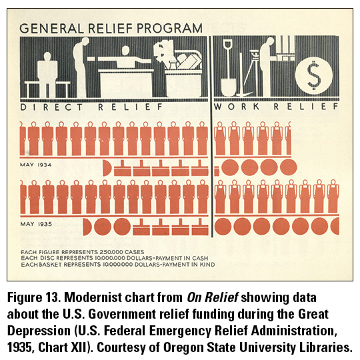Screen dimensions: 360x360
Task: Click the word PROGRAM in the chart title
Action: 169,29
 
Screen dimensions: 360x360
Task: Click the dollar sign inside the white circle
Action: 313,75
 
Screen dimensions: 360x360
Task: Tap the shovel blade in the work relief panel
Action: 229,87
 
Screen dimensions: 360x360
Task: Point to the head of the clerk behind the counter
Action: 125,51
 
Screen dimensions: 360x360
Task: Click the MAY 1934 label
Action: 35,165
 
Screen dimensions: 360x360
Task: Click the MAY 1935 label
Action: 36,224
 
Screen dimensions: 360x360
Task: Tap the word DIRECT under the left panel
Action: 51,107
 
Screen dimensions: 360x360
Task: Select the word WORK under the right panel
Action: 237,107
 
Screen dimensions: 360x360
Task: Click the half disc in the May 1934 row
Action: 107,168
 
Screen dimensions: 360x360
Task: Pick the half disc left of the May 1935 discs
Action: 87,227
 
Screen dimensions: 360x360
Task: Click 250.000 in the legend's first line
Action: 109,252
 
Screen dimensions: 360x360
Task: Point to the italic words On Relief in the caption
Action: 213,297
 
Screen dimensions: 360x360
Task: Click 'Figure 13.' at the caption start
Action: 34,297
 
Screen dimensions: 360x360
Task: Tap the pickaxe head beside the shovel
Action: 244,94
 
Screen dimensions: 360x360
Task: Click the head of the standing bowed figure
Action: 85,41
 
